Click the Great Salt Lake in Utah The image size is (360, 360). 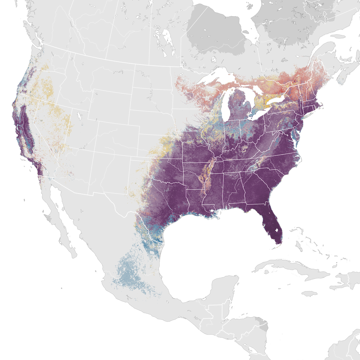coord(79,115)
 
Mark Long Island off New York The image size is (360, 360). coord(309,115)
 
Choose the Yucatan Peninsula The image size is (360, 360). coord(225,288)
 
